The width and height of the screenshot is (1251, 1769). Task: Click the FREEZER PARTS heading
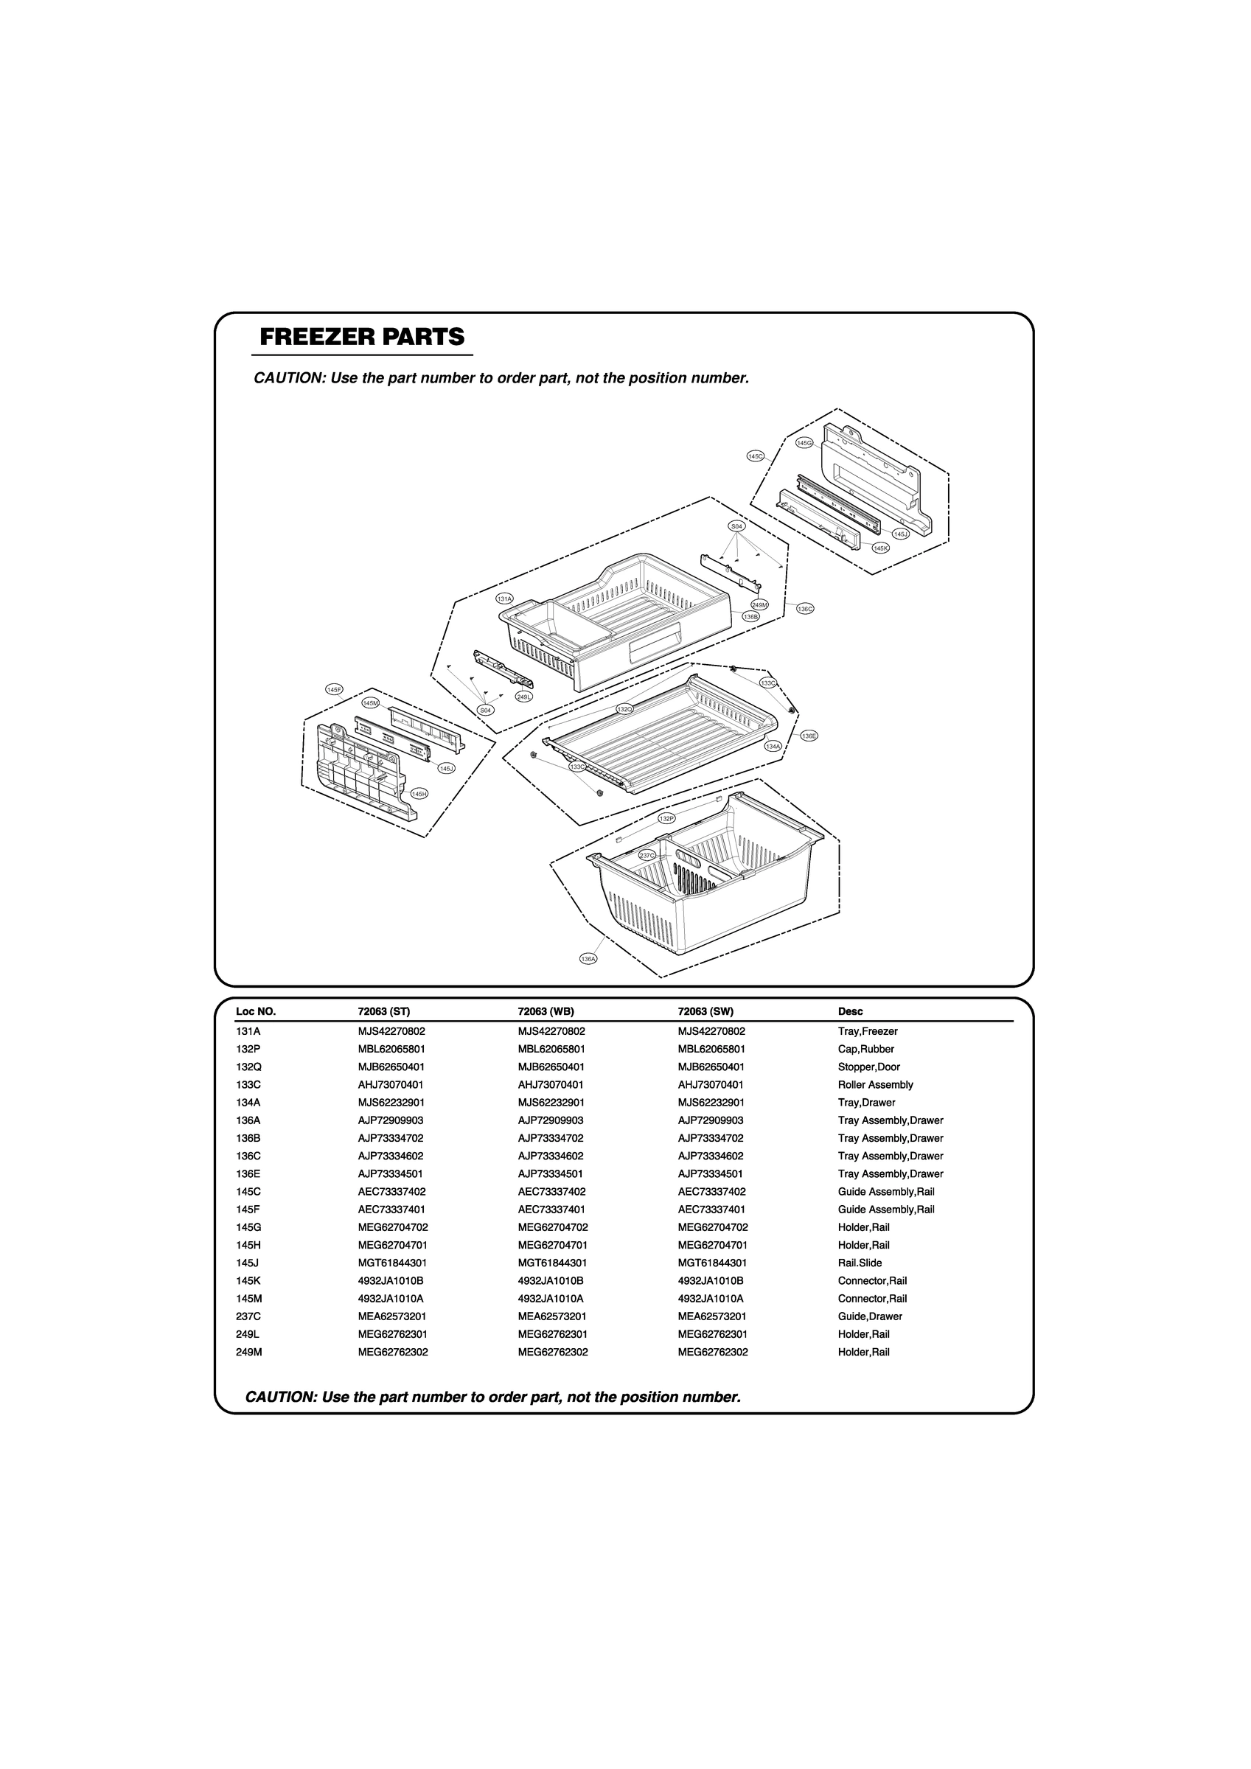pos(362,338)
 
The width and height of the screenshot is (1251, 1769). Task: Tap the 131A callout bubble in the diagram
pos(505,599)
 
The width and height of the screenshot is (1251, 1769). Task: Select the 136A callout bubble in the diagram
pos(588,959)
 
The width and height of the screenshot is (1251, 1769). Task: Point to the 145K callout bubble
pos(880,548)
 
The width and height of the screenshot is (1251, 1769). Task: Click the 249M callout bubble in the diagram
pos(759,605)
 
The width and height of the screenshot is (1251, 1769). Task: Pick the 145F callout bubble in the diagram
pos(334,690)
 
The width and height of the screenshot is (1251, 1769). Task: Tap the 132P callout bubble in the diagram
pos(666,818)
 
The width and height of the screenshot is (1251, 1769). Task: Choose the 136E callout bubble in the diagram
pos(809,736)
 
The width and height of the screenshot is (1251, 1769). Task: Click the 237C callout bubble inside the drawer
pos(647,855)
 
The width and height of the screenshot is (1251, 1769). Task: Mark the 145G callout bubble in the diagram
pos(804,443)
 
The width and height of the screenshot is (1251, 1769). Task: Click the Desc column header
pos(850,1011)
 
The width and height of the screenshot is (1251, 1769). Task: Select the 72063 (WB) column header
pos(546,1011)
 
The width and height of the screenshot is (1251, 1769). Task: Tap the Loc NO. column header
pos(256,1011)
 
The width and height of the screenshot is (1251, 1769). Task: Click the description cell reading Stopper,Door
pos(868,1067)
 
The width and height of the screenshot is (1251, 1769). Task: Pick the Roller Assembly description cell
pos(875,1085)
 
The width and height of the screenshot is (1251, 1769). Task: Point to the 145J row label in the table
pos(248,1263)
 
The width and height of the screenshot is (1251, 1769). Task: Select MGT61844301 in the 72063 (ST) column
pos(392,1263)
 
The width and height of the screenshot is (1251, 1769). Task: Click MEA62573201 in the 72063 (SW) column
pos(712,1316)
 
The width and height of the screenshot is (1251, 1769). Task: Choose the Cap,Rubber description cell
pos(865,1050)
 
